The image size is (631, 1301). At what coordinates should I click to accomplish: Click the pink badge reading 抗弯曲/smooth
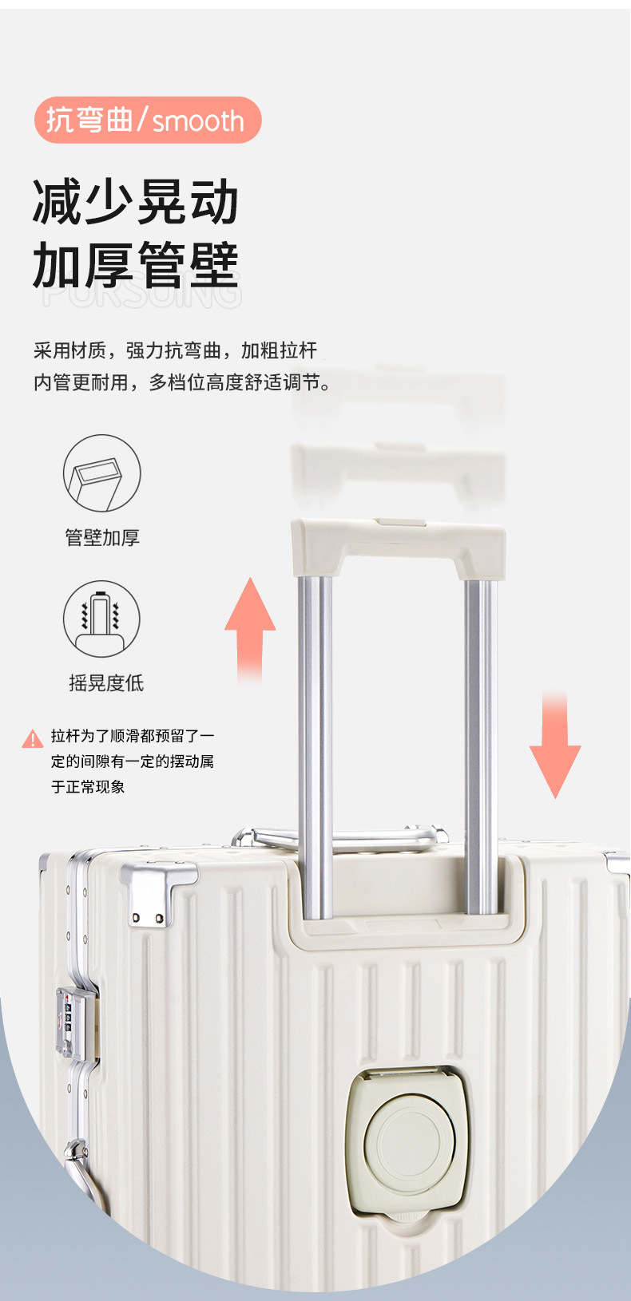point(148,120)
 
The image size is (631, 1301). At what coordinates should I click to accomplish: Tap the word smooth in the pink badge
point(198,121)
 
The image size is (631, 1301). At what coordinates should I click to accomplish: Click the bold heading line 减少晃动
point(136,201)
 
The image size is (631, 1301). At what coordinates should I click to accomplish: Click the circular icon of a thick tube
point(101,473)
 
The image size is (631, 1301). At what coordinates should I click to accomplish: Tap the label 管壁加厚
point(102,537)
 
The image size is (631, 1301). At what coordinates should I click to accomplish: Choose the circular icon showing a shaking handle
point(101,619)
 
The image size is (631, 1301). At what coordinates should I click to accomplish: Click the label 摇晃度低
point(106,682)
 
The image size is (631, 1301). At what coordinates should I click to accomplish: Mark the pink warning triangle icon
point(32,739)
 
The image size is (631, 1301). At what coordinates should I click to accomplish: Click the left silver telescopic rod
point(315,742)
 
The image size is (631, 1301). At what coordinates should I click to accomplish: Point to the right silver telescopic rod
point(480,742)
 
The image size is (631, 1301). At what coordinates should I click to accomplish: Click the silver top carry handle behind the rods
point(343,836)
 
